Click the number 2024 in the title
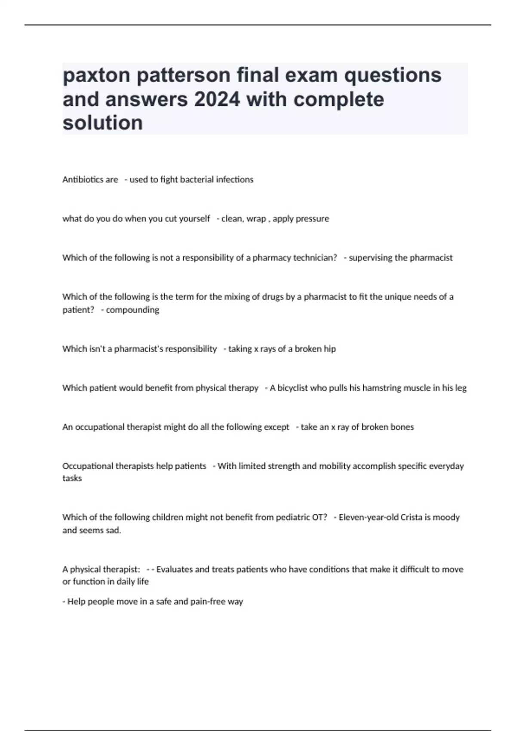tap(217, 99)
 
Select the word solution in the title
tap(103, 123)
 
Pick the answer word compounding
tap(132, 310)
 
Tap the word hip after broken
tap(330, 349)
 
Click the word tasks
tap(72, 478)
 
